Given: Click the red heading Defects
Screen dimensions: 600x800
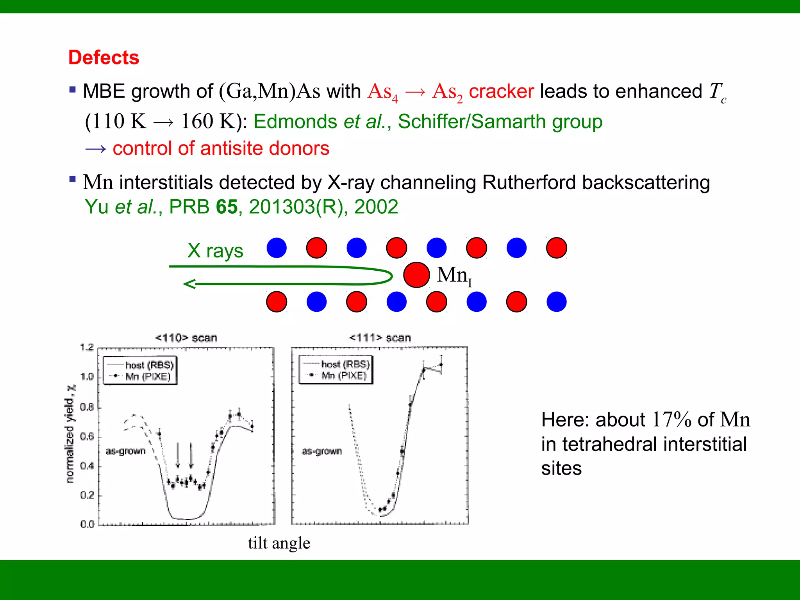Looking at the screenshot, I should [x=104, y=57].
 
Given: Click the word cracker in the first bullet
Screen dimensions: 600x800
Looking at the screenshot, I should [x=501, y=92].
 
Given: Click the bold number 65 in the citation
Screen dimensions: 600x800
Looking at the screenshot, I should [x=227, y=207].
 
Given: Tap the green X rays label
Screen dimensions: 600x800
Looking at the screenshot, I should [x=215, y=251].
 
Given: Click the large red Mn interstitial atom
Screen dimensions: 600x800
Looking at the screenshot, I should [x=416, y=275].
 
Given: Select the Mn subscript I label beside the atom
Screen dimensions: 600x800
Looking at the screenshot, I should [x=454, y=275].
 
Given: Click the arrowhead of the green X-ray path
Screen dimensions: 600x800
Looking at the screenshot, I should [x=189, y=284].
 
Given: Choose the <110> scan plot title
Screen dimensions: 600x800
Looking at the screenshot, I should [x=186, y=338].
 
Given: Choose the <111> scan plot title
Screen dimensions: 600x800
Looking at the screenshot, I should [x=380, y=338].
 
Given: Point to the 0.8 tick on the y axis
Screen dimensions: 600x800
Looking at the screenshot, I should [x=87, y=407].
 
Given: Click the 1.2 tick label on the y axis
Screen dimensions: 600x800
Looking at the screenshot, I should [x=87, y=347].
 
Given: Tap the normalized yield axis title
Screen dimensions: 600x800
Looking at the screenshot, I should [x=70, y=434].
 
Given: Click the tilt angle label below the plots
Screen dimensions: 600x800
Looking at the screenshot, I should [x=279, y=543].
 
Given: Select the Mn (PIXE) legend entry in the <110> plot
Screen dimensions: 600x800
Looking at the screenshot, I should [x=148, y=377].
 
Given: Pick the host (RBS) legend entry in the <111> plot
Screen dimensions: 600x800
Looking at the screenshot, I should [x=345, y=364].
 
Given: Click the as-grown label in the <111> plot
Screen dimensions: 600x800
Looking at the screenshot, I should [x=321, y=452].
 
